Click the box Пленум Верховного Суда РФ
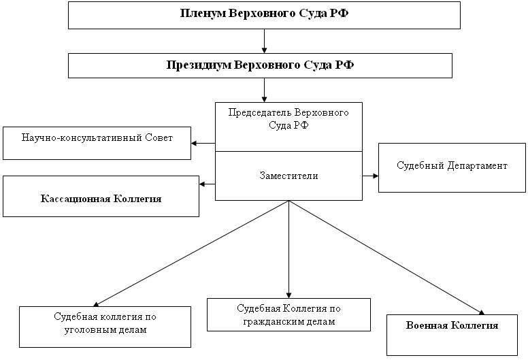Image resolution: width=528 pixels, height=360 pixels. [264, 14]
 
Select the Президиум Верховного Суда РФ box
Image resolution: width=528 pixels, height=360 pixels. [260, 66]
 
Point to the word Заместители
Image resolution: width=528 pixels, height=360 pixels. [288, 175]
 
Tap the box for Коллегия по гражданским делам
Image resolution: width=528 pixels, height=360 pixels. [288, 314]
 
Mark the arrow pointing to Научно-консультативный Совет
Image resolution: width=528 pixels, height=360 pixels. [203, 143]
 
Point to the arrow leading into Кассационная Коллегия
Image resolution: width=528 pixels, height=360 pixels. [208, 184]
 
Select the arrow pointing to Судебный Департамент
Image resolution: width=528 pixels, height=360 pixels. [371, 176]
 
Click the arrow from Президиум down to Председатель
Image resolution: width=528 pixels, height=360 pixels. [264, 90]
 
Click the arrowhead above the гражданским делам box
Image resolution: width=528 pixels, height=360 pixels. [288, 293]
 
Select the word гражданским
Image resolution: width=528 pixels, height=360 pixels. [269, 321]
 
